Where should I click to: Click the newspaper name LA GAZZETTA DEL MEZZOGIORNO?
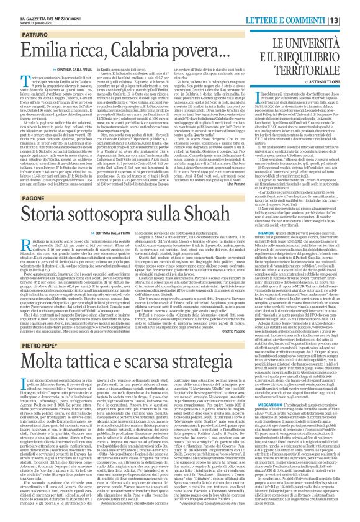38,5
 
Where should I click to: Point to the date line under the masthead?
32,11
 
